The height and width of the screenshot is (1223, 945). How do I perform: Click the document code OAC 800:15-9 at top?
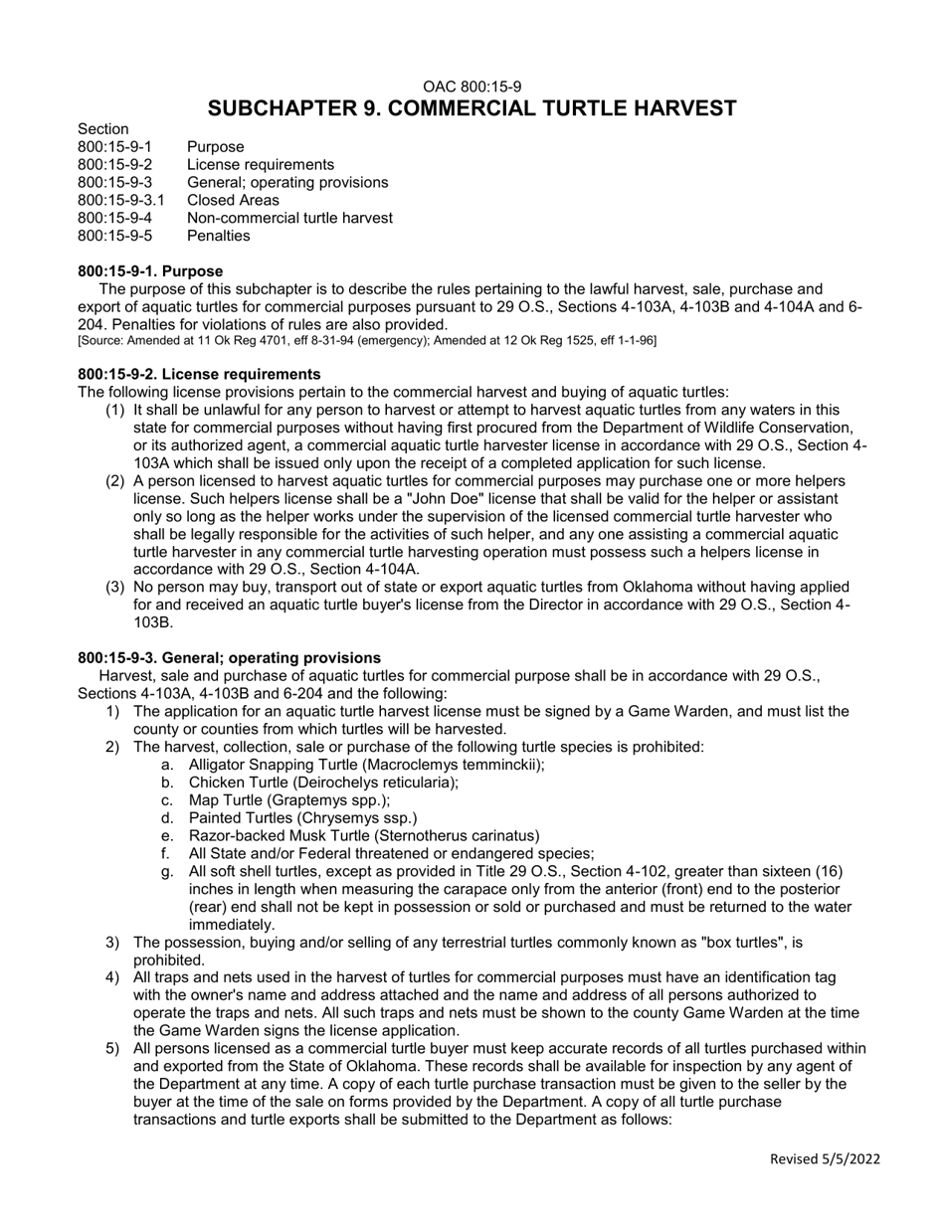(x=472, y=87)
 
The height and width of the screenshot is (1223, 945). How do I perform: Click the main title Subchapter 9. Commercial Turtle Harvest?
(x=472, y=108)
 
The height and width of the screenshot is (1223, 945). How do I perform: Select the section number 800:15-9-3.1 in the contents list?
(x=121, y=200)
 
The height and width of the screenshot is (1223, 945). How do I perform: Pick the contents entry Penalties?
(x=218, y=236)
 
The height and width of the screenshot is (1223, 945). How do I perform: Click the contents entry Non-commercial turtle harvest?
(x=289, y=218)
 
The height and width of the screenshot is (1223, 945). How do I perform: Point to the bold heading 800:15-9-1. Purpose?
(x=150, y=271)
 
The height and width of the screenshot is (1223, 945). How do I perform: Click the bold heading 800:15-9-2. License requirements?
(x=199, y=374)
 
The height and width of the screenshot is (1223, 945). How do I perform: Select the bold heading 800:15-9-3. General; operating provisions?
(x=229, y=657)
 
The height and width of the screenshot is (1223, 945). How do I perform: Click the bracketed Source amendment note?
(x=366, y=341)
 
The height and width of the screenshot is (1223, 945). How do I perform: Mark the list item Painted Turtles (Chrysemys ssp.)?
(x=302, y=818)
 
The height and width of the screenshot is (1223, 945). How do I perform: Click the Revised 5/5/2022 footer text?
(x=825, y=1158)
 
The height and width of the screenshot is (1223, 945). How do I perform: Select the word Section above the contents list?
(x=102, y=129)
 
